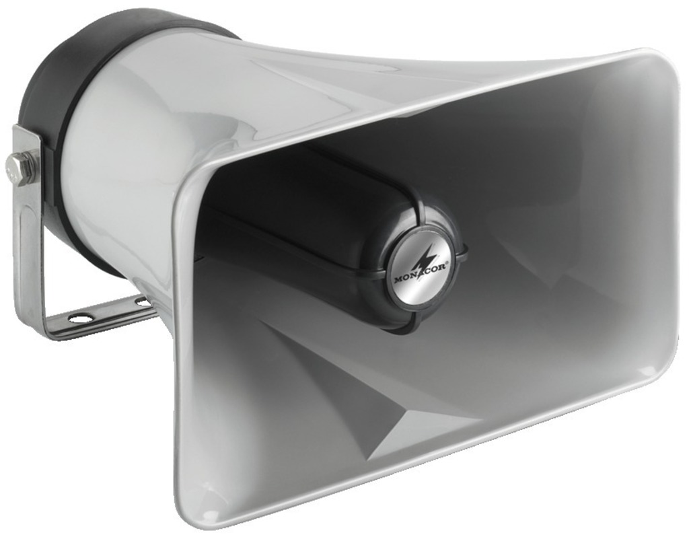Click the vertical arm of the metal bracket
(x=26, y=228)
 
